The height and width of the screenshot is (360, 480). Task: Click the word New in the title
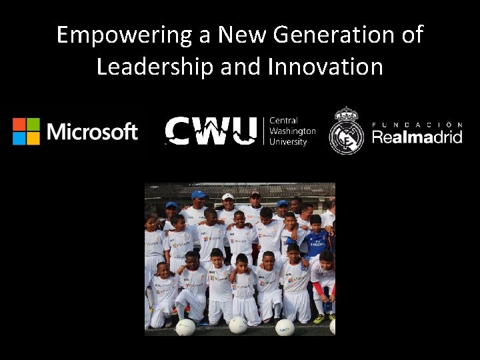[x=243, y=35]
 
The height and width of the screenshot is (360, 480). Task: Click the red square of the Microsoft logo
[x=19, y=125]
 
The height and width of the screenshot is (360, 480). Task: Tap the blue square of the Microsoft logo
[x=19, y=138]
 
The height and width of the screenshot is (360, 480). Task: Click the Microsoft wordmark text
[x=93, y=131]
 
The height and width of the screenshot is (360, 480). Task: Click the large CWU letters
[x=211, y=130]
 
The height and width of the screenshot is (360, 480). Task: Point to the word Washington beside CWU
[x=292, y=131]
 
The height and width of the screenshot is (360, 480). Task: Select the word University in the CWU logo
[x=288, y=142]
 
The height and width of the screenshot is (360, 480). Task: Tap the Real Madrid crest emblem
[x=346, y=131]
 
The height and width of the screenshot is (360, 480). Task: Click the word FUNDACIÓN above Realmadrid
[x=417, y=125]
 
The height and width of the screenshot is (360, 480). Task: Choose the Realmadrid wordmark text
[x=417, y=137]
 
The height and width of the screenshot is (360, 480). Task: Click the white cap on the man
[x=228, y=197]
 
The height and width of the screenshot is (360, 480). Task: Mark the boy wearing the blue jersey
[x=316, y=240]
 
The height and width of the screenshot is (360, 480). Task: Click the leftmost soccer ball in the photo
[x=185, y=327]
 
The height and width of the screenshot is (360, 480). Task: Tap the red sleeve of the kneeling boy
[x=318, y=288]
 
